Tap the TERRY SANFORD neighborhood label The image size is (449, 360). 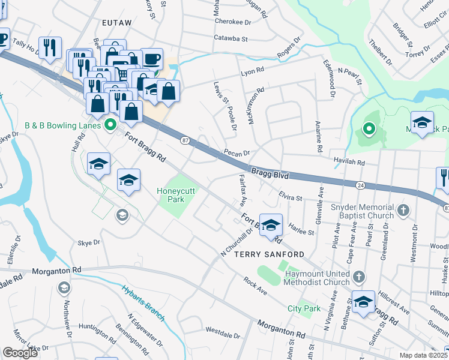click(x=265, y=254)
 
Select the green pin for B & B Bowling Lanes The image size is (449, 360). click(x=110, y=125)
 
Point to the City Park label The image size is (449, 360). click(x=304, y=308)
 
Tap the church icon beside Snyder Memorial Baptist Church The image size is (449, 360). click(x=403, y=211)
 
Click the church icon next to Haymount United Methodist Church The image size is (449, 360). click(x=358, y=277)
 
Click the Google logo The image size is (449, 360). click(x=20, y=353)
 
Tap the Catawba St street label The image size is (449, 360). click(x=231, y=38)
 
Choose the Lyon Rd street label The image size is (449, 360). click(x=252, y=70)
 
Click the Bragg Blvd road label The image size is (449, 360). click(x=270, y=173)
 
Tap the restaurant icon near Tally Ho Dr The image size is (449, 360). click(x=49, y=47)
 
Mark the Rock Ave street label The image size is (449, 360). click(x=255, y=285)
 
